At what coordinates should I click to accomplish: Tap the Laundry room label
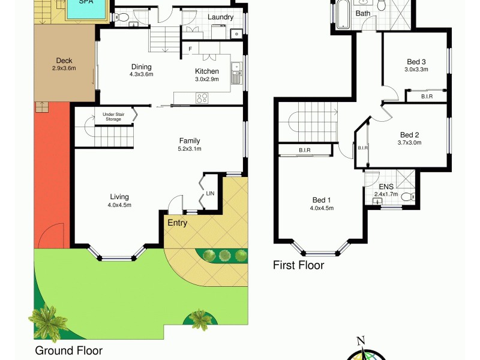(x=220, y=17)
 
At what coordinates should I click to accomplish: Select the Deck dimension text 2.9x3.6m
(x=64, y=68)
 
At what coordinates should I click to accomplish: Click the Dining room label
(x=142, y=67)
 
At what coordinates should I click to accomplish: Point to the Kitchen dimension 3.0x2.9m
(x=206, y=79)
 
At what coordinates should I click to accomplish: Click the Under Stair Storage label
(x=113, y=116)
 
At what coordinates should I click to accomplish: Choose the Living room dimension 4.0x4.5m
(x=120, y=205)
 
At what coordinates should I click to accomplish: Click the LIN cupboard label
(x=209, y=193)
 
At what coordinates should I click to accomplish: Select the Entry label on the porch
(x=178, y=223)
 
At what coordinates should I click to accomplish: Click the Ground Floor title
(x=68, y=350)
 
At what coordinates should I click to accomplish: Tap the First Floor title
(x=298, y=265)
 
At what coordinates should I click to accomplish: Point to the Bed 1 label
(x=322, y=200)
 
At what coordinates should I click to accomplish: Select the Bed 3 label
(x=416, y=62)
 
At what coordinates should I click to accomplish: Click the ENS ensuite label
(x=386, y=187)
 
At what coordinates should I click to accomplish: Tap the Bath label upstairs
(x=363, y=13)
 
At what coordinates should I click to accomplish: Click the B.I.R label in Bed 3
(x=427, y=96)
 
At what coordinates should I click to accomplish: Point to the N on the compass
(x=361, y=341)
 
